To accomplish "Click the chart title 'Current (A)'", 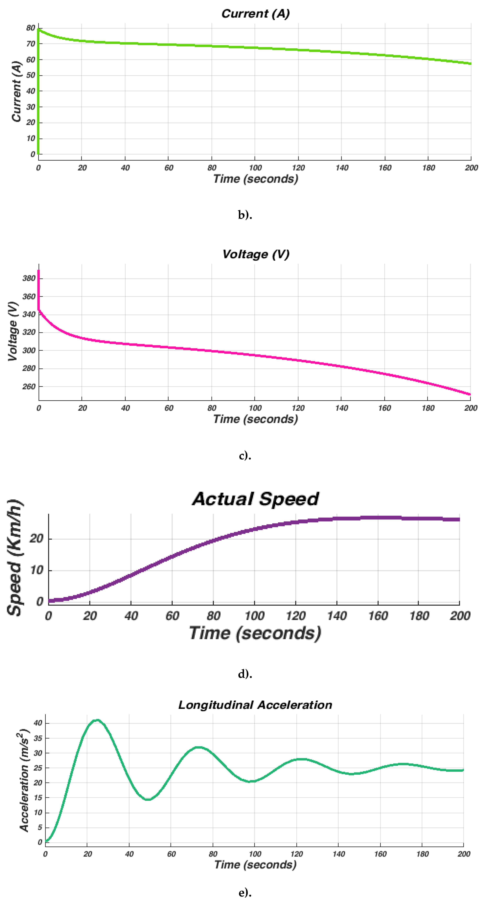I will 256,14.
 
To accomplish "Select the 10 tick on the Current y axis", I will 31,138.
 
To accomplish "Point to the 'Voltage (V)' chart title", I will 256,254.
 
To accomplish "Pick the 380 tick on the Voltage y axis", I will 29,278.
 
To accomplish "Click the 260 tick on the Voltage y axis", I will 29,387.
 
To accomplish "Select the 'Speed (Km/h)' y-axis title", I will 15,558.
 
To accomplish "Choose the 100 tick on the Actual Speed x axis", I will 255,616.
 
